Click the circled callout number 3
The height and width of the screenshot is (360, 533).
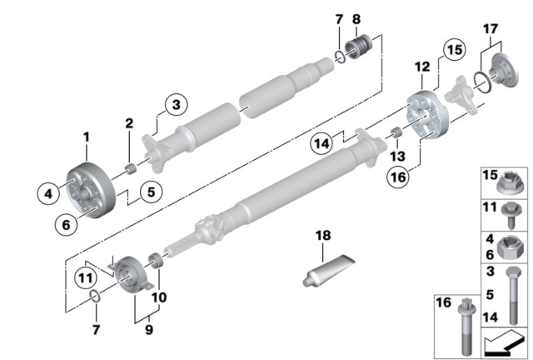[176, 106]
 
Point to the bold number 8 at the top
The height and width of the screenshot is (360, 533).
[356, 18]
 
